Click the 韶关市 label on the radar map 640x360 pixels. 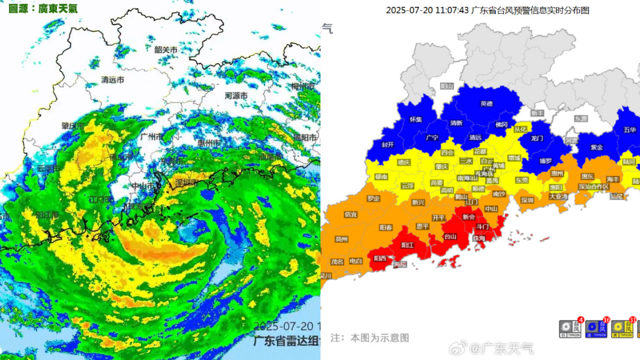pos(165,49)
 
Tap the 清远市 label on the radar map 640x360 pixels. pos(112,79)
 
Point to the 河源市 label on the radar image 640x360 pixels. pos(236,95)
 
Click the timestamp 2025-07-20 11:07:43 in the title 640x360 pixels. pos(427,10)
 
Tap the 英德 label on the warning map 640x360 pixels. pos(486,103)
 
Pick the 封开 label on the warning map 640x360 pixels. pos(388,145)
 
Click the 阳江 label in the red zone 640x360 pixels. pos(407,245)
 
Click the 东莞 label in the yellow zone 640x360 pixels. pos(522,179)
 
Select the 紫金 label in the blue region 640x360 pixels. pos(596,147)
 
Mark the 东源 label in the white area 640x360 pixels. pos(580,119)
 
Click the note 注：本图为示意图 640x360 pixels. pos(369,337)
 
